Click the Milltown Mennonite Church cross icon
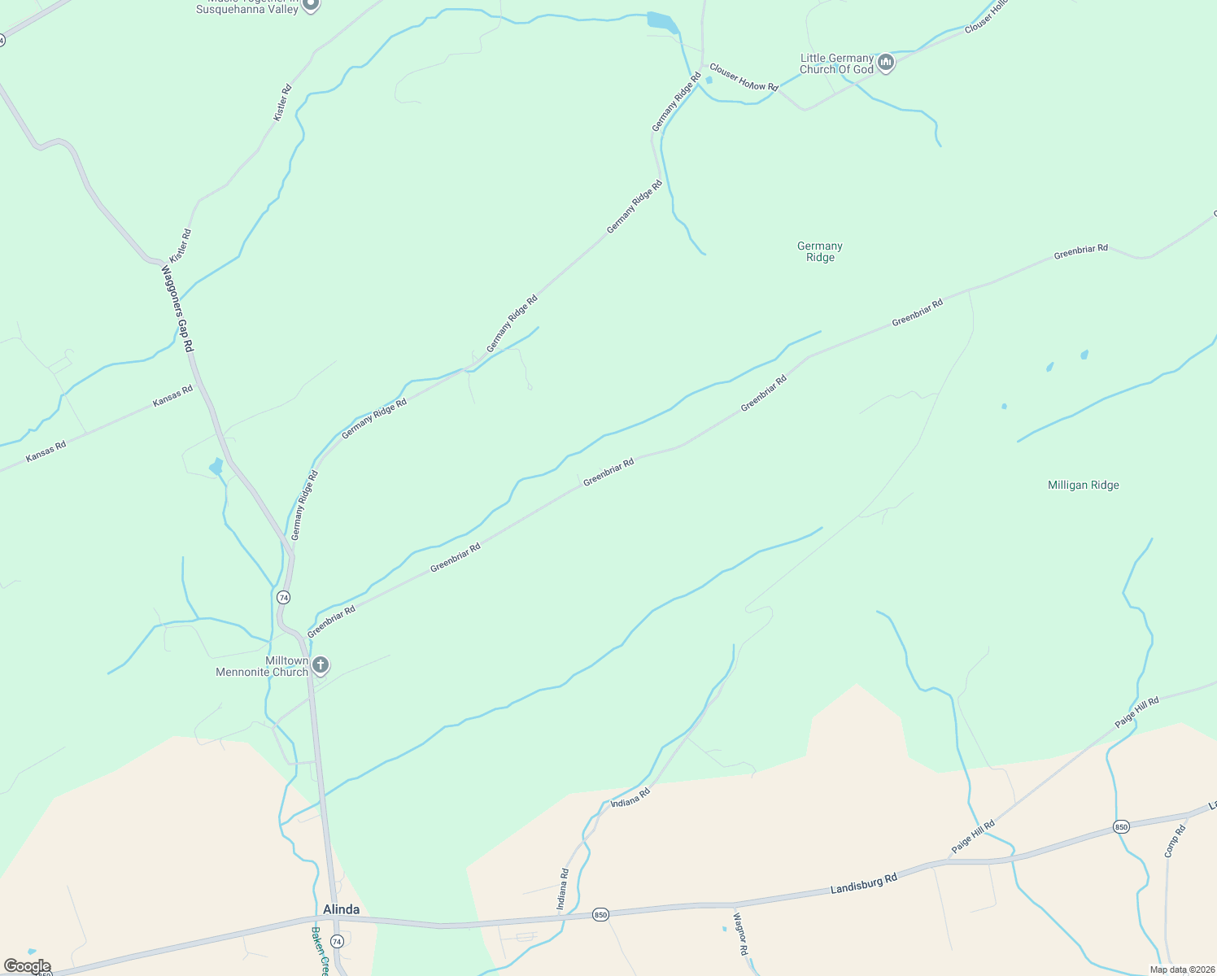(321, 666)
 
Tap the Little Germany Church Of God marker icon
(886, 63)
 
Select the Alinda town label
(341, 909)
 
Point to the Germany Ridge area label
(820, 251)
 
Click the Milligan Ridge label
(1083, 485)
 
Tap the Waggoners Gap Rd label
(177, 308)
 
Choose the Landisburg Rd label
(863, 883)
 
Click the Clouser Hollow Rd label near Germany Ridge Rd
(744, 77)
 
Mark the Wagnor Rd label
(740, 934)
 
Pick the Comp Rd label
(1175, 841)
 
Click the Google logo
(27, 966)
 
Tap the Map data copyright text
(1182, 969)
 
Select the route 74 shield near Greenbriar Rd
(283, 597)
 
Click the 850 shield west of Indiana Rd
(600, 914)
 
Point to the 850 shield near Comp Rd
(1121, 827)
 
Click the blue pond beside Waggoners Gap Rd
(216, 466)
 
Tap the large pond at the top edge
(661, 22)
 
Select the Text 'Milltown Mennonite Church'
(262, 666)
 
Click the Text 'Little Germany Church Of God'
(836, 63)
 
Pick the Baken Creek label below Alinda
(318, 952)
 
